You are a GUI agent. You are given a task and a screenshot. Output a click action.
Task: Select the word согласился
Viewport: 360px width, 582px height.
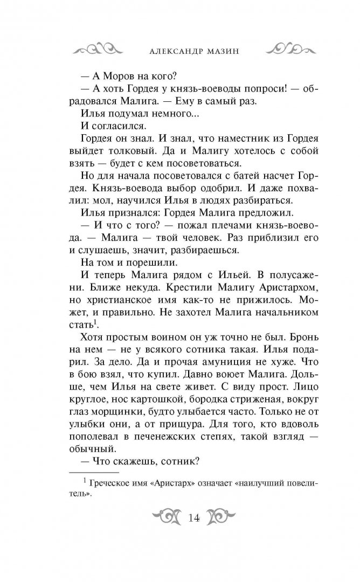[x=118, y=126]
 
